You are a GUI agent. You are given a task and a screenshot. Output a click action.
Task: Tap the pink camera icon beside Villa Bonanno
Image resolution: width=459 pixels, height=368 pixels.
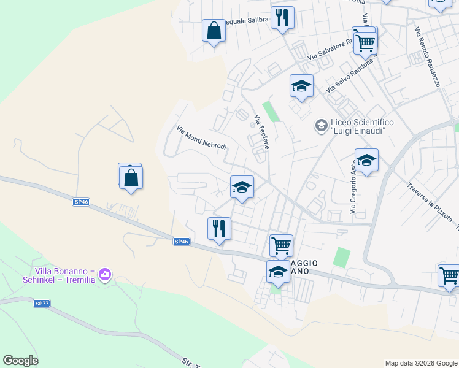105,274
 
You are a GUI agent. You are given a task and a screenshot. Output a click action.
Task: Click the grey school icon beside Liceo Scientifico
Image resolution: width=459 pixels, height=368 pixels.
320,126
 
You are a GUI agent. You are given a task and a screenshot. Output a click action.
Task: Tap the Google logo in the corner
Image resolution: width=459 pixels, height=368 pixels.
20,361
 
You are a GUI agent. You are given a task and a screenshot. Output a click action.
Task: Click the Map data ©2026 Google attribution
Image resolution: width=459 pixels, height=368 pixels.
421,363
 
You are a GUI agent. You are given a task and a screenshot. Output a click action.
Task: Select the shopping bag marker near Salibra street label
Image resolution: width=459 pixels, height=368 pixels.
214,31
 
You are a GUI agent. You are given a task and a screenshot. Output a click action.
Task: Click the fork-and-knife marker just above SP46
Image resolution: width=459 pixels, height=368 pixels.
219,229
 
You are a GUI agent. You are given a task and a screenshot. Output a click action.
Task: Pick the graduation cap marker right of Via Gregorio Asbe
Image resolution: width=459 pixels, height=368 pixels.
366,161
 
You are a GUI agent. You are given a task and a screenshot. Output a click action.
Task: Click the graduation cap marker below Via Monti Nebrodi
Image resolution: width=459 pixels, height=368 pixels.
242,187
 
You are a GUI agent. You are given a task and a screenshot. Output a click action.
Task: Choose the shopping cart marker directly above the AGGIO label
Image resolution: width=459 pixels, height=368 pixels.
281,245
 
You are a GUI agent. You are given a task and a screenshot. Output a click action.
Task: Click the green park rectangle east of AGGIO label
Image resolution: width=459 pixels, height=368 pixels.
342,257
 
